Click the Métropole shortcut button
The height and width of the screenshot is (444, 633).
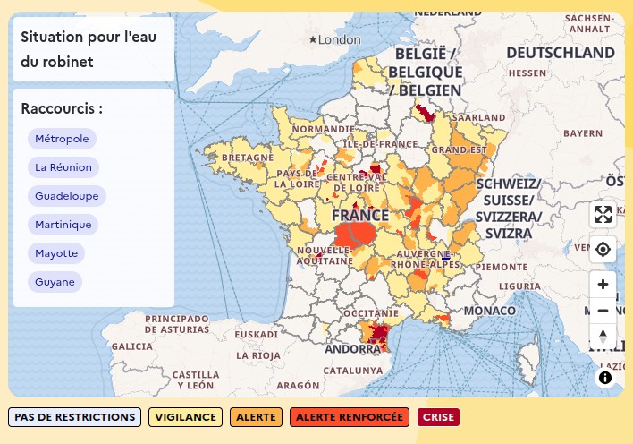[62, 139]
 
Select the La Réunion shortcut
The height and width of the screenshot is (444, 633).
[63, 167]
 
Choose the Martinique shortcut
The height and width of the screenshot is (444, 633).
[63, 225]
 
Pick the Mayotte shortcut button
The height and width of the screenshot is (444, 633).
[56, 253]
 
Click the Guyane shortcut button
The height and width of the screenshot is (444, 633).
[55, 282]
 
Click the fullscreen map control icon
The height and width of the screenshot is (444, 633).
[603, 215]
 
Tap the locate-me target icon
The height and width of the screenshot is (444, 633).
[603, 249]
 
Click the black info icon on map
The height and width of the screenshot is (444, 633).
[605, 378]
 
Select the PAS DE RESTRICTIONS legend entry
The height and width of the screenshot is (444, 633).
[75, 417]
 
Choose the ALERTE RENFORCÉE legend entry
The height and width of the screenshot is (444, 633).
[349, 417]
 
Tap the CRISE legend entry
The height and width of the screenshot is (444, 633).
[438, 417]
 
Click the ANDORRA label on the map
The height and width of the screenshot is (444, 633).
[344, 350]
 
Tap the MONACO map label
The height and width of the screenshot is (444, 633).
[494, 311]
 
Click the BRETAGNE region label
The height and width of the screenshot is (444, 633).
[247, 158]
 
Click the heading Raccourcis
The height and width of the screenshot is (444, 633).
[62, 109]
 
